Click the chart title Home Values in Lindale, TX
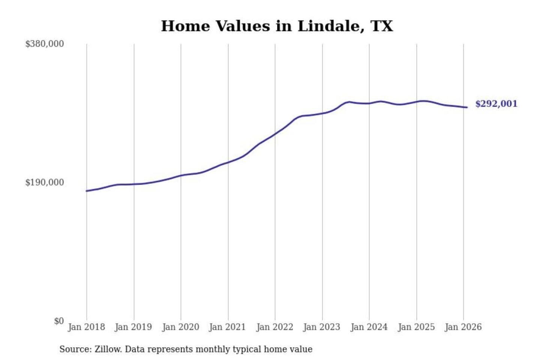click(277, 26)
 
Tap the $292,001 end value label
click(496, 104)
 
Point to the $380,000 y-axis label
click(45, 44)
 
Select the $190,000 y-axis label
click(45, 183)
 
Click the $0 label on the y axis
click(59, 321)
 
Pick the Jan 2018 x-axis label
click(86, 327)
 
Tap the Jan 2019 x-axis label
click(133, 327)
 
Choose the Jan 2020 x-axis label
click(180, 327)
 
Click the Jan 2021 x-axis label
click(227, 327)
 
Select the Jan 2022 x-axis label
click(274, 327)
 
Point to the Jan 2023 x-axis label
click(321, 327)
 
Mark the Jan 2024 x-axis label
click(369, 327)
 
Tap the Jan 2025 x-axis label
click(416, 327)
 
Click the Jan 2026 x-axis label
click(463, 327)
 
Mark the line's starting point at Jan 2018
click(87, 191)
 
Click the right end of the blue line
click(467, 108)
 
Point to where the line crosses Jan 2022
click(275, 134)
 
